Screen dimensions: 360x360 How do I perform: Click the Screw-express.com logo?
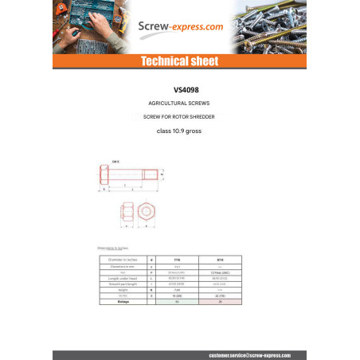179,27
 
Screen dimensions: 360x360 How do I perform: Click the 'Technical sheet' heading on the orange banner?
179,61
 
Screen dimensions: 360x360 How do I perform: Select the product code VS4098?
180,91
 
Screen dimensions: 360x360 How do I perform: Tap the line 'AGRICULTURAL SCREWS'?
180,104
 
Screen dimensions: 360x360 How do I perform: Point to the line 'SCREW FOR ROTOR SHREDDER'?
180,118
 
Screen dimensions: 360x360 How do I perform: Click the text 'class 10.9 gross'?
180,131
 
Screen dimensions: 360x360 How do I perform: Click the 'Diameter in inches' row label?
115,260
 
